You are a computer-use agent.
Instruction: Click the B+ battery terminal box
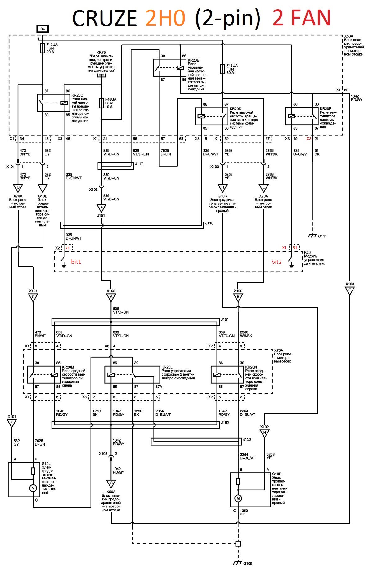[43, 29]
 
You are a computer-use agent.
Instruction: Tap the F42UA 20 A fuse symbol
[43, 48]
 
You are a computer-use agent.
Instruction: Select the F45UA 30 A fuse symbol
[222, 69]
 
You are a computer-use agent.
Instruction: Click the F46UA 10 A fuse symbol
[101, 103]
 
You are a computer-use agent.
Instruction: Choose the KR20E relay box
[170, 68]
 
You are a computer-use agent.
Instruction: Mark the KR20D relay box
[212, 116]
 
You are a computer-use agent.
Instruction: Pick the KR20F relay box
[302, 116]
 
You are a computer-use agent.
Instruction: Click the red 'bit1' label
[76, 262]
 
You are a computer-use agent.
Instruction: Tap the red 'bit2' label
[276, 262]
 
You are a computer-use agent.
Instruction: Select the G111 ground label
[322, 236]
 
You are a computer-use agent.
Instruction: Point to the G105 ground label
[248, 563]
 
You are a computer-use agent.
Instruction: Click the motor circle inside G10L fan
[33, 488]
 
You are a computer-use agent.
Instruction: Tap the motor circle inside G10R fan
[238, 498]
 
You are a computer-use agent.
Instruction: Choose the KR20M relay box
[44, 375]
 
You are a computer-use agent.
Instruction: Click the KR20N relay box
[227, 375]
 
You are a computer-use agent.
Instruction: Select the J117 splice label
[139, 164]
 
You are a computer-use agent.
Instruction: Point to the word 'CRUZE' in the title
[105, 18]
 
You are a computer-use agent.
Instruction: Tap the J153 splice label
[247, 439]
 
